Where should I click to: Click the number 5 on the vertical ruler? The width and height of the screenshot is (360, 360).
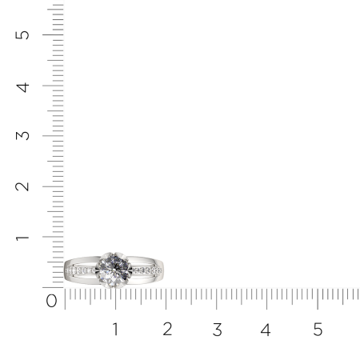click(x=22, y=35)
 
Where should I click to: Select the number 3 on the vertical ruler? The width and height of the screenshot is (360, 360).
click(x=22, y=136)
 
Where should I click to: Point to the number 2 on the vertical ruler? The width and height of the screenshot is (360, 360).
click(x=22, y=186)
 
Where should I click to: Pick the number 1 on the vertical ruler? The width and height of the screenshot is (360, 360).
click(x=22, y=238)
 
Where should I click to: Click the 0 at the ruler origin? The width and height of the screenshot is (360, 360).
click(x=51, y=301)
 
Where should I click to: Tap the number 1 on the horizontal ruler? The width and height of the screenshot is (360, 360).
click(x=115, y=329)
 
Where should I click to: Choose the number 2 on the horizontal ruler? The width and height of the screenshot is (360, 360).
click(x=167, y=329)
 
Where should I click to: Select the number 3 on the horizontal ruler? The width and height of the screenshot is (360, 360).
click(x=218, y=330)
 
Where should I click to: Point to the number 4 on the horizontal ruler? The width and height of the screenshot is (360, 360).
click(x=266, y=330)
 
